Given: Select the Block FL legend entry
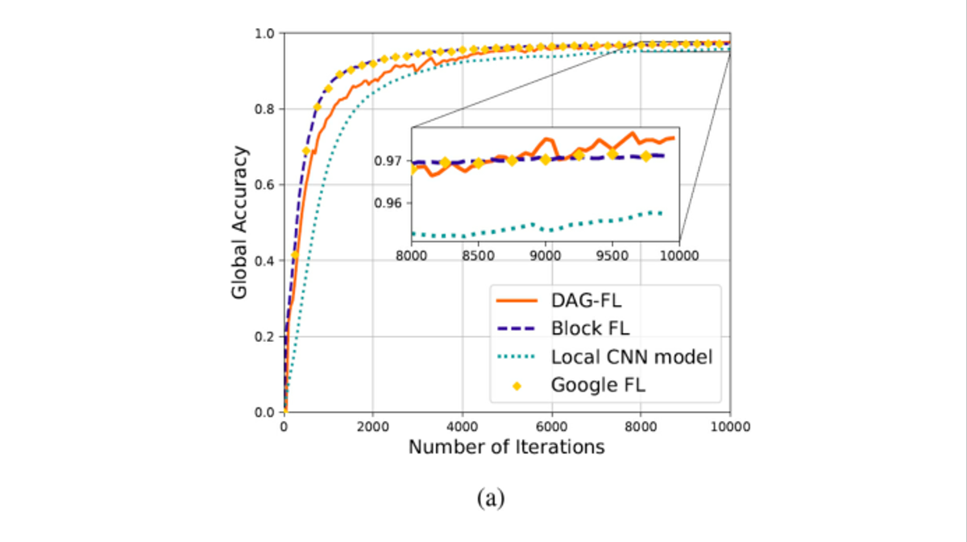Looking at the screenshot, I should coord(589,328).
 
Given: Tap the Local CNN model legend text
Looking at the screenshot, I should coord(631,356).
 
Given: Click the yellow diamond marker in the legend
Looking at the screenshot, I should coord(517,385).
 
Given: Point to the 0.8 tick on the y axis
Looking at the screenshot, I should coord(264,109).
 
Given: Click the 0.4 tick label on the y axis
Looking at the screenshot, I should coord(264,261).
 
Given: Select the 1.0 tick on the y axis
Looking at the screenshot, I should coord(264,33).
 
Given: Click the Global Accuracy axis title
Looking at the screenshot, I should coord(239,223).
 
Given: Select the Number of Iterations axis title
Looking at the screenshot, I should coord(506,447).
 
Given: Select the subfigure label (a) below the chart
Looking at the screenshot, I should coord(491,498).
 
